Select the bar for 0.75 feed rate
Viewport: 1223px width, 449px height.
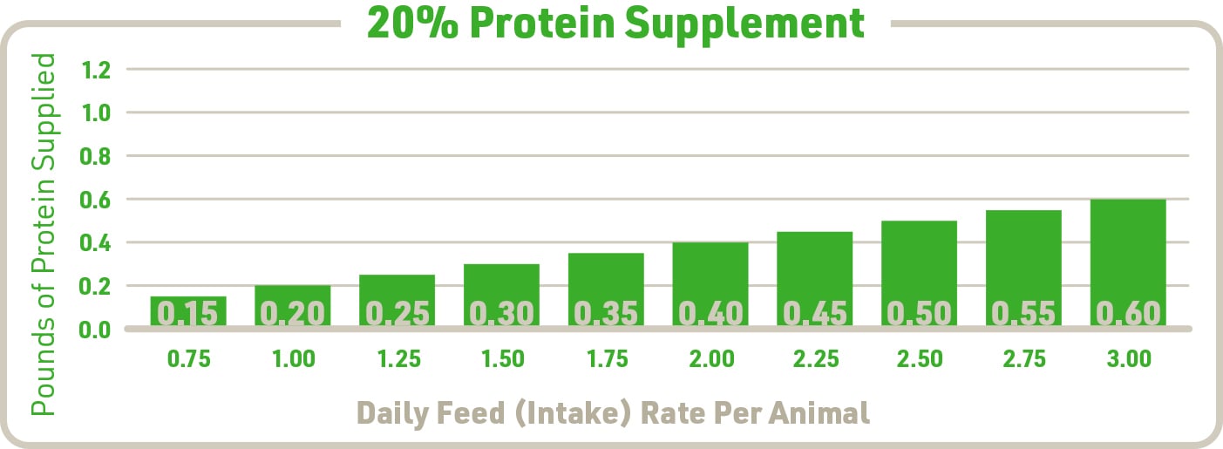tap(188, 310)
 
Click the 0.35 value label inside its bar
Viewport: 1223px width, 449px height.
tap(606, 313)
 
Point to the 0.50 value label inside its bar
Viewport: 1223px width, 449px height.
tap(919, 313)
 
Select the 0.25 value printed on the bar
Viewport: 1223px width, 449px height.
tap(397, 313)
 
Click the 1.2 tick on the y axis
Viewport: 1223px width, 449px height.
tap(95, 70)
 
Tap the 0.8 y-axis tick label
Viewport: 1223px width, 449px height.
tap(95, 157)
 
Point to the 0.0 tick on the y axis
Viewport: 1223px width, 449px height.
tap(95, 330)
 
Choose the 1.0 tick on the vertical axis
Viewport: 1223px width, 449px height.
tap(95, 113)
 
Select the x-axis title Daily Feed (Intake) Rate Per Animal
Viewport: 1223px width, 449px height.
tap(614, 412)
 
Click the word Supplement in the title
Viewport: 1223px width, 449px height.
tap(744, 24)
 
